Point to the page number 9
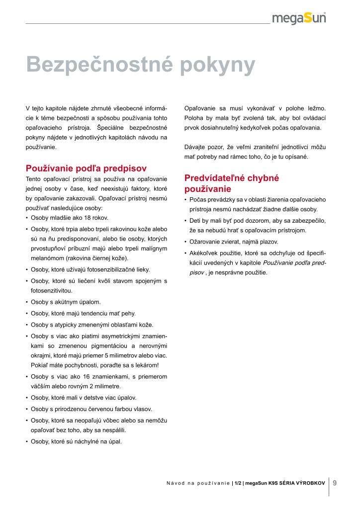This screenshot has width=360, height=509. point(335,482)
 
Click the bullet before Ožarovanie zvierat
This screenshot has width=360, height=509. point(185,242)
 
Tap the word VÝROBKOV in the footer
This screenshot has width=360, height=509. point(309,483)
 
